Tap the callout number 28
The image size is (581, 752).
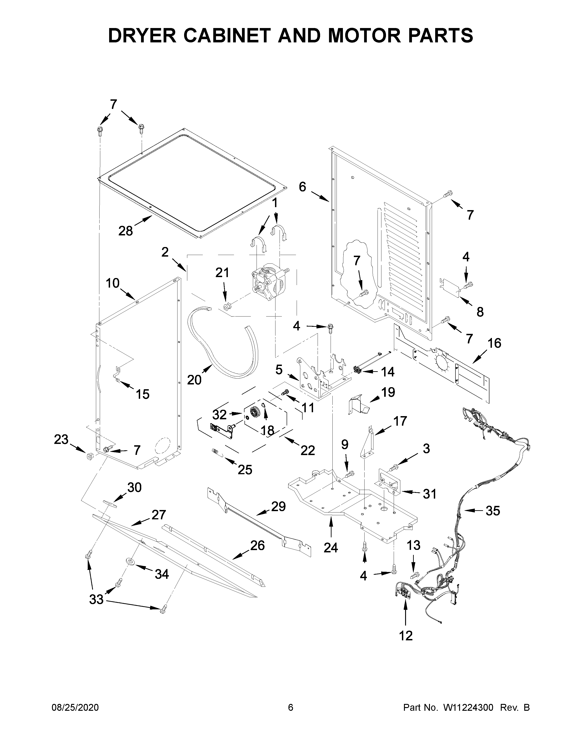tap(125, 231)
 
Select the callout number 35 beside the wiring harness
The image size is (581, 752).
tap(493, 511)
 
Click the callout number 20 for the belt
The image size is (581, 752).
tap(194, 380)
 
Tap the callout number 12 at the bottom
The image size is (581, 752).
tap(406, 636)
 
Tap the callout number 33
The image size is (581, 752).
tap(96, 599)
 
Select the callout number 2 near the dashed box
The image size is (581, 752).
tap(165, 252)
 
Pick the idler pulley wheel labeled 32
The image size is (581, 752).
tap(255, 412)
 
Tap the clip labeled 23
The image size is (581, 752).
tap(90, 456)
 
